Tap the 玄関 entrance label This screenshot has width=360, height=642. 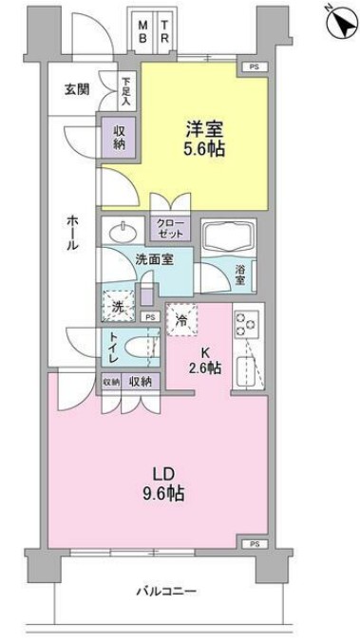77,89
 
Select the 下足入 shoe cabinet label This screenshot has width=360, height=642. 126,89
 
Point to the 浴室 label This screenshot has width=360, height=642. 240,275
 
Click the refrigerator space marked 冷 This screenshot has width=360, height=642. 181,321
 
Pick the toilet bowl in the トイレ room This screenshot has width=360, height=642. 142,347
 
